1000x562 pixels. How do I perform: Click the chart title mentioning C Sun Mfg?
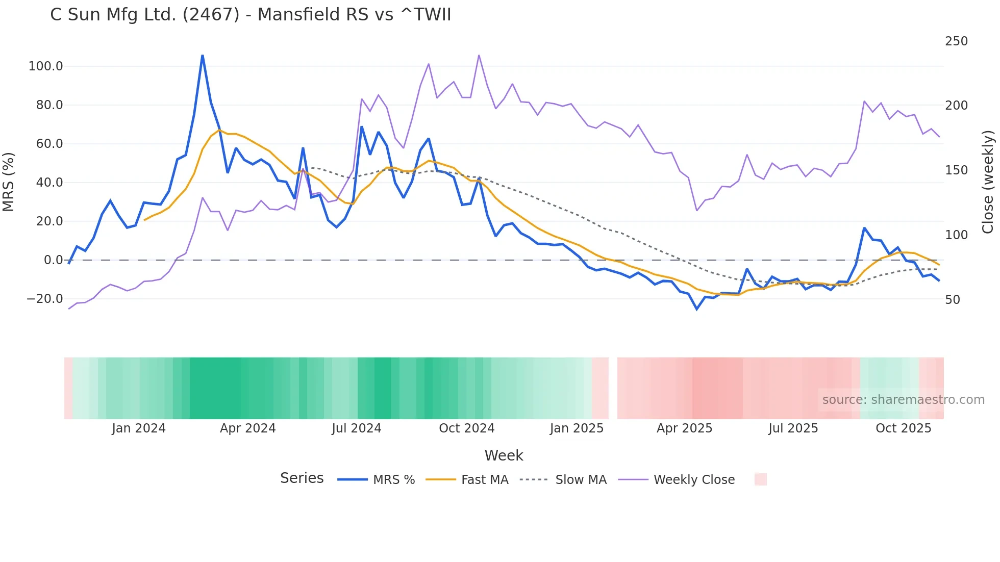(251, 15)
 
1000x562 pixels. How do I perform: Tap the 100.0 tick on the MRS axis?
(45, 66)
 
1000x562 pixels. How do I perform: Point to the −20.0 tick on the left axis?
(44, 299)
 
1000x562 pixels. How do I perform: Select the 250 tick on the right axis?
(956, 41)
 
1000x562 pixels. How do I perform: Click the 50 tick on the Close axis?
(953, 300)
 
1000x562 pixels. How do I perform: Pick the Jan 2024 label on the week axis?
(139, 428)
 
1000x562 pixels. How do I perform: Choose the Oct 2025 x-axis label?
(903, 428)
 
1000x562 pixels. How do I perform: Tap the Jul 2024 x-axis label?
(356, 428)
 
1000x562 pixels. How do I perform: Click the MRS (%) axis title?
(9, 182)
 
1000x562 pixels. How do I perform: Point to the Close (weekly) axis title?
(988, 182)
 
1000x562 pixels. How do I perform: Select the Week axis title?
(504, 455)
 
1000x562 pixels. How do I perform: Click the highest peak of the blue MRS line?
(203, 55)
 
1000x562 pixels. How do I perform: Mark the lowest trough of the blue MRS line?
(697, 309)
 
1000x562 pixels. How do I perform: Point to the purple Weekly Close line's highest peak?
(479, 55)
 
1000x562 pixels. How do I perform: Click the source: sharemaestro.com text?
(903, 400)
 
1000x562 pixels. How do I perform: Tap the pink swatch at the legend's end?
(760, 480)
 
